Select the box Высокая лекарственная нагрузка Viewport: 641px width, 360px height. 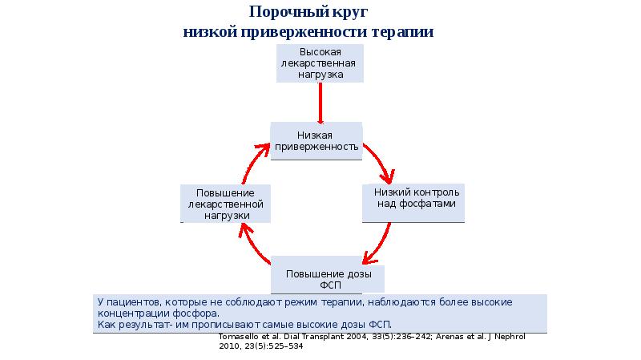click(320, 63)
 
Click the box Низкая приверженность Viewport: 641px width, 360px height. click(316, 142)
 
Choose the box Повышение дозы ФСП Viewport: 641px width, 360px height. click(327, 277)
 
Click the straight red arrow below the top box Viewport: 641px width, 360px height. click(320, 102)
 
